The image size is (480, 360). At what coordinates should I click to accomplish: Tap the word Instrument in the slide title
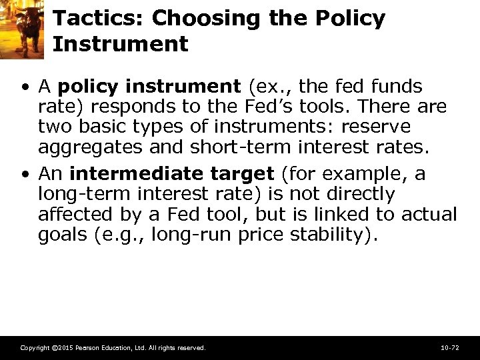(120, 45)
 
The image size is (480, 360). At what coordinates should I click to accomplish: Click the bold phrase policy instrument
(149, 87)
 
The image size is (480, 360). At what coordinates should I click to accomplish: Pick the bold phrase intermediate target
(171, 174)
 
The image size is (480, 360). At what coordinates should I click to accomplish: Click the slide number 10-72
(449, 348)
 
